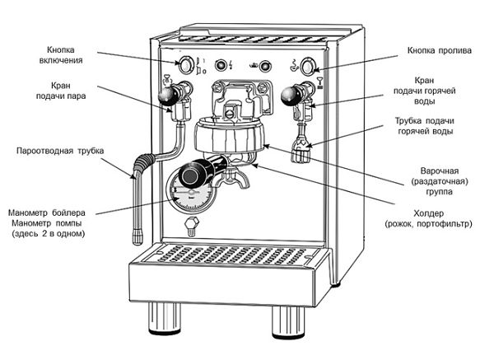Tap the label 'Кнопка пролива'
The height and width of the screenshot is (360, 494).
point(439,50)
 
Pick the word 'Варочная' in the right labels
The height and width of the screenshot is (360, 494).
point(437,170)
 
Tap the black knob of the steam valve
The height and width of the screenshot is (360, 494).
point(170,97)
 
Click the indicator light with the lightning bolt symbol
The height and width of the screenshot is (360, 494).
point(220,65)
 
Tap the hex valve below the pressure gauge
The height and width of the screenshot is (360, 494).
point(190,224)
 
